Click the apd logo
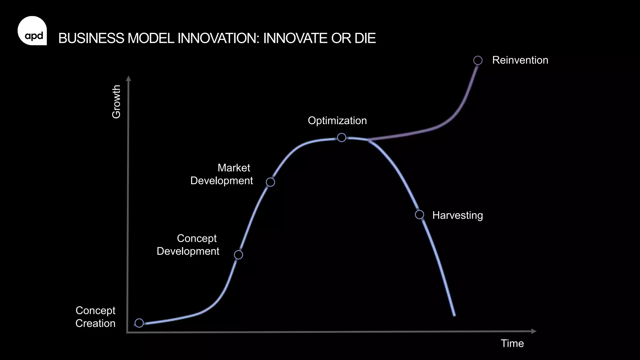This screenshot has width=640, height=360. coord(32,31)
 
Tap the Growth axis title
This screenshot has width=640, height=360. coord(116,102)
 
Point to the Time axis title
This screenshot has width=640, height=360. coord(512,343)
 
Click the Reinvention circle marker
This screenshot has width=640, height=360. coord(478,60)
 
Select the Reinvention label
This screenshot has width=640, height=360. coord(520,60)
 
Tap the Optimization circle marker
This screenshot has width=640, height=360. coord(342,137)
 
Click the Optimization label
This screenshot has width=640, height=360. coord(337,121)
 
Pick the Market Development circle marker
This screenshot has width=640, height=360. coord(270,182)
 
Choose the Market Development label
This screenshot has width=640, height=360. coord(222,174)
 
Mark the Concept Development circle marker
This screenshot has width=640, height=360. coord(238,255)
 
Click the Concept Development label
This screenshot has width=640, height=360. coord(188,245)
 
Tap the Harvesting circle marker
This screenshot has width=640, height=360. coord(419,215)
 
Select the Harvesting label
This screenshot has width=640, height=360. coord(457,215)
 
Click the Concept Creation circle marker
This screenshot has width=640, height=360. coord(139,323)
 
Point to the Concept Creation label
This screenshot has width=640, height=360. coord(95,317)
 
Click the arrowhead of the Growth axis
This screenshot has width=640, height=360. coord(128,78)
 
